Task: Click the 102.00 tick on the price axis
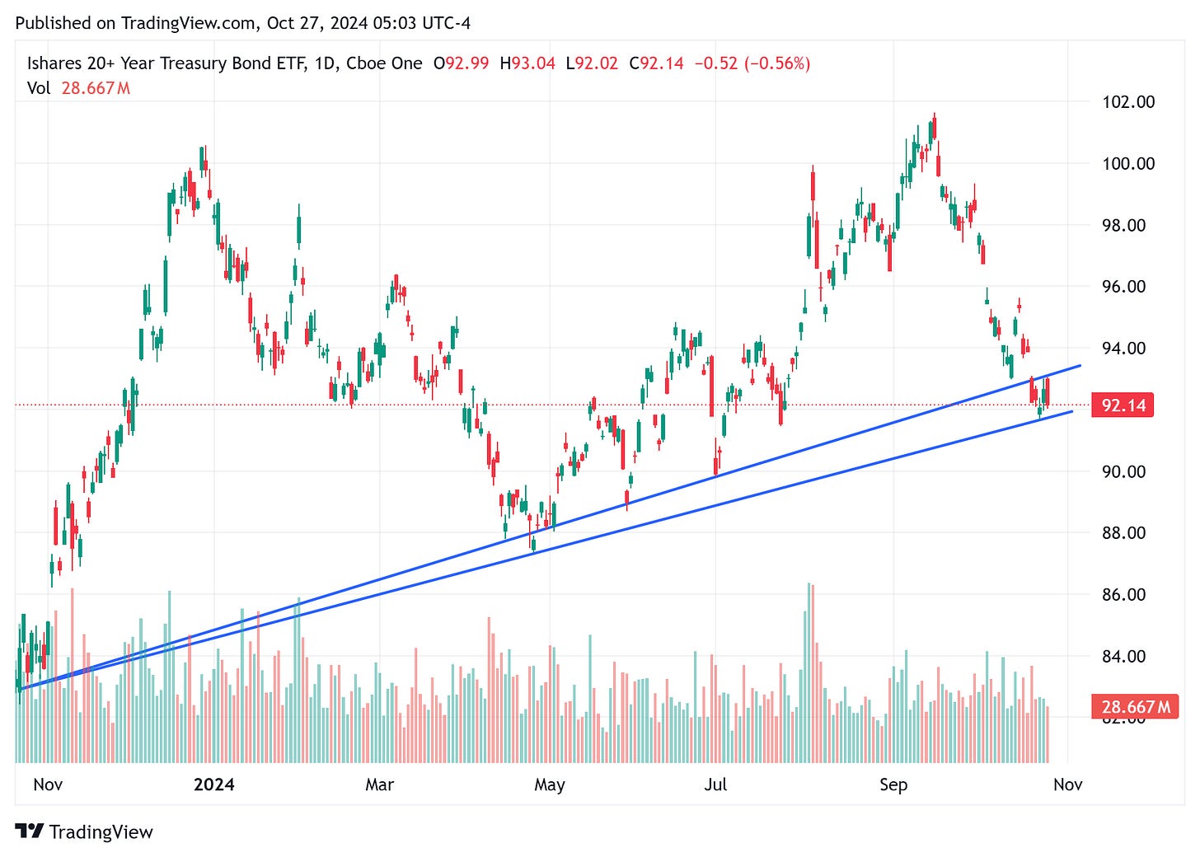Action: click(1128, 102)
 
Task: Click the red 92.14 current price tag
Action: click(1123, 405)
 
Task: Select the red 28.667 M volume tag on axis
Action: click(1135, 707)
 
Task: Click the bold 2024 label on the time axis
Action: click(213, 784)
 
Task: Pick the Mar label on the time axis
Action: click(379, 784)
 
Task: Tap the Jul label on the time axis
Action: click(715, 784)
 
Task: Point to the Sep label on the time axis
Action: click(893, 784)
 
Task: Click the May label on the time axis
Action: click(550, 784)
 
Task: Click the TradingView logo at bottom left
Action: click(84, 831)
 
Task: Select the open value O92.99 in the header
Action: click(461, 63)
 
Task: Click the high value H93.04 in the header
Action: click(527, 63)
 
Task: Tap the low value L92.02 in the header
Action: click(592, 63)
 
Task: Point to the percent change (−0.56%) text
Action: click(777, 63)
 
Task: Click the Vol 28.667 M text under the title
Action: click(78, 88)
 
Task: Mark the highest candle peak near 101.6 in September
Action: click(934, 115)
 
